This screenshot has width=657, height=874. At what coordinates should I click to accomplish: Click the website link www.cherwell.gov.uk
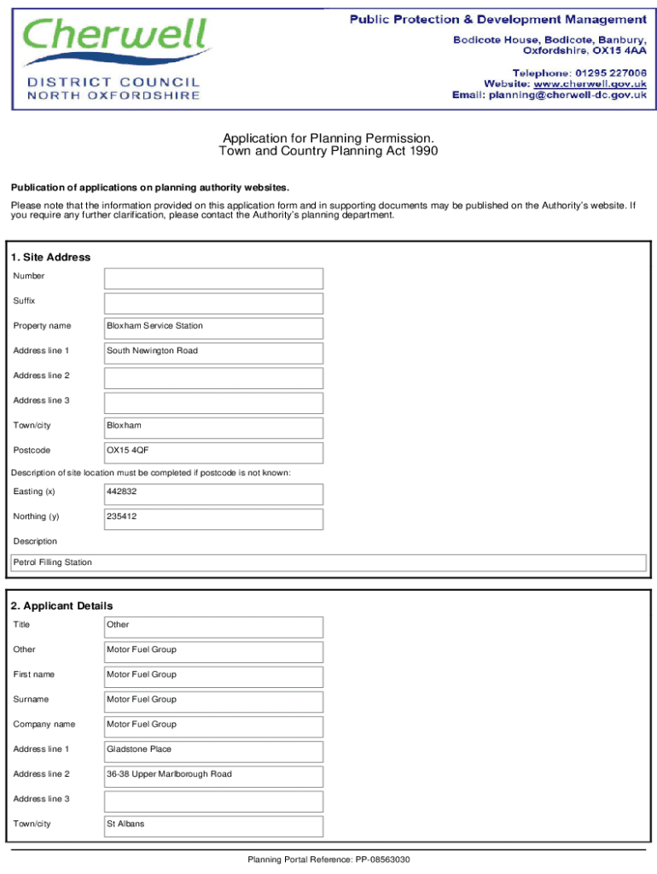pos(590,84)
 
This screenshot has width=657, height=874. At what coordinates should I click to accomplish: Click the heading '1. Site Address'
pos(50,257)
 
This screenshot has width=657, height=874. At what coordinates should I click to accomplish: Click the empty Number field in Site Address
pos(213,278)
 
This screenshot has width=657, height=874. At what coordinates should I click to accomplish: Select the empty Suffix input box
pos(213,303)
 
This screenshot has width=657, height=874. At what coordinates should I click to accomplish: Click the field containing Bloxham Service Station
pos(213,328)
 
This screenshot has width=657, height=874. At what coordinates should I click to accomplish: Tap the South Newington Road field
pos(213,353)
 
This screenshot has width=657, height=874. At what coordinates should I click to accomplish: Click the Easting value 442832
pos(121,492)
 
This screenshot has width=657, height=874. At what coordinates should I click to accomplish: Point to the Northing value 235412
pos(121,516)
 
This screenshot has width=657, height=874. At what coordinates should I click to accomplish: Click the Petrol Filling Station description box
pos(328,562)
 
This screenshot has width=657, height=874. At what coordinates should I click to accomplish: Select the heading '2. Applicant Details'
pos(61,606)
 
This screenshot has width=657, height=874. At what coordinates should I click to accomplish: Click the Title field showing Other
pos(213,626)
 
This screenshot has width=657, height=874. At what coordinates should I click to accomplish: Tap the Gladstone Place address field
pos(213,751)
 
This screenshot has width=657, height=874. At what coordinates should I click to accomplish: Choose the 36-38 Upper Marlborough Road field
pos(213,776)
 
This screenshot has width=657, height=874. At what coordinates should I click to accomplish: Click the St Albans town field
pos(213,825)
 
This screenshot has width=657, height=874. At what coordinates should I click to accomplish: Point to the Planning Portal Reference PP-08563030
pos(328,859)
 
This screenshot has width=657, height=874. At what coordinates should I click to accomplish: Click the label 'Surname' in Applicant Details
pos(31,699)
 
